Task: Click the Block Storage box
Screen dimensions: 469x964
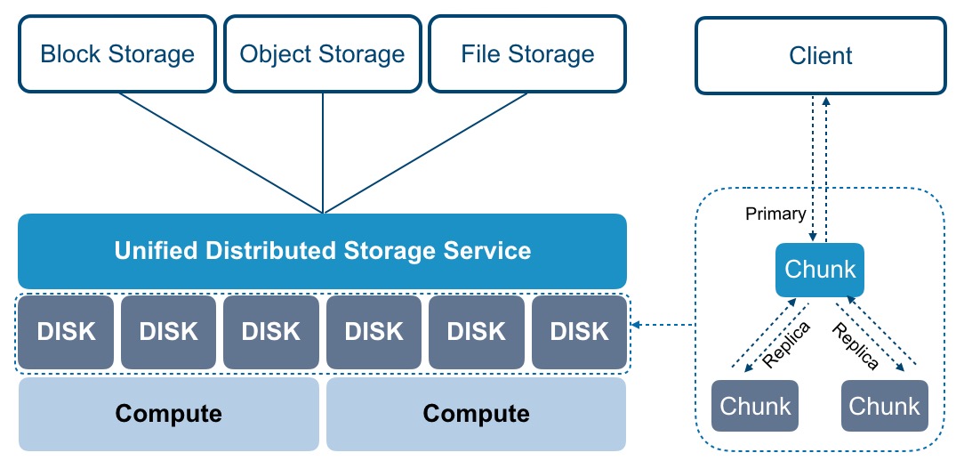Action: (x=117, y=54)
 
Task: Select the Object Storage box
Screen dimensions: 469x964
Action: (x=322, y=54)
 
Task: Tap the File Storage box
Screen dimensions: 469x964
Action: (x=527, y=54)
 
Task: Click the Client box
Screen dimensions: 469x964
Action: (x=820, y=56)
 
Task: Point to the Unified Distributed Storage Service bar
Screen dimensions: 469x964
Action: (x=322, y=250)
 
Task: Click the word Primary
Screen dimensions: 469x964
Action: (x=775, y=214)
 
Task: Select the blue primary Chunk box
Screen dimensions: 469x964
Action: (x=820, y=270)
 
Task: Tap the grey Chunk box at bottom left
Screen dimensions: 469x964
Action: (x=755, y=407)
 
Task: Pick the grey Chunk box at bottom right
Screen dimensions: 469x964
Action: (x=884, y=407)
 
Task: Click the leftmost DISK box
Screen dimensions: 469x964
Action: (x=66, y=332)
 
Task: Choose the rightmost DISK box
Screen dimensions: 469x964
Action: (x=579, y=332)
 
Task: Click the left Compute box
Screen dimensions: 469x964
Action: (x=168, y=414)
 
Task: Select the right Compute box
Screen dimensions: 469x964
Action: (x=476, y=414)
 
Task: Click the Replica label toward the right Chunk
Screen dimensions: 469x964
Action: (x=855, y=346)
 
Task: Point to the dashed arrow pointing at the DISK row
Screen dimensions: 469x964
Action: (x=663, y=326)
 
